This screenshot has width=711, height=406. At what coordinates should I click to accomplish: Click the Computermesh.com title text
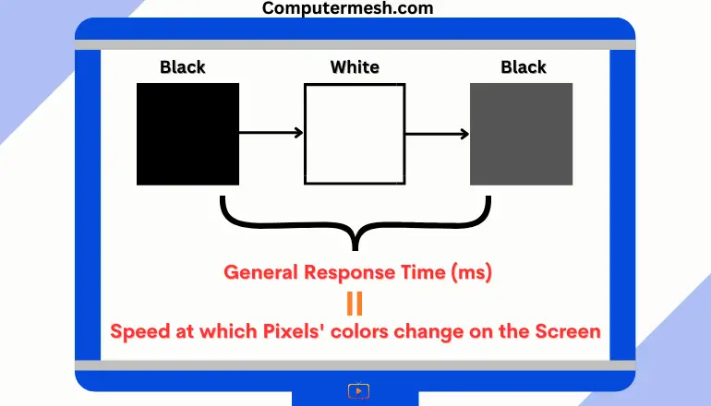(x=348, y=7)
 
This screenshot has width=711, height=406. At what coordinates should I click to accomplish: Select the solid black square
(x=187, y=134)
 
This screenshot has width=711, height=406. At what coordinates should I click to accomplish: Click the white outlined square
(x=355, y=134)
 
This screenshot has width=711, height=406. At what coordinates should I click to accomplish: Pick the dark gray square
(x=521, y=134)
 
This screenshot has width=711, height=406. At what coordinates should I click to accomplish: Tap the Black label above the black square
(x=183, y=67)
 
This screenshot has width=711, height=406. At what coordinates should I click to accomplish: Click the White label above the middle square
(x=355, y=67)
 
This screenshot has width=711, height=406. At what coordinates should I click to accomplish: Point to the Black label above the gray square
(x=524, y=67)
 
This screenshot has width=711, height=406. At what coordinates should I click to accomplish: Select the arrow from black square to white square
(x=271, y=133)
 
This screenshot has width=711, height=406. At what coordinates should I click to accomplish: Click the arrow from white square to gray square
(x=437, y=134)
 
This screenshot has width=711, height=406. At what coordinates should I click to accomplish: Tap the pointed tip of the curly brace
(x=355, y=250)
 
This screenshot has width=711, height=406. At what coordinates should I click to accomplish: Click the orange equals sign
(x=355, y=304)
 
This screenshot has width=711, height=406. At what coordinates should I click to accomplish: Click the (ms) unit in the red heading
(x=472, y=272)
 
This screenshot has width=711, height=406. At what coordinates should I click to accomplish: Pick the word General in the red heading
(x=261, y=272)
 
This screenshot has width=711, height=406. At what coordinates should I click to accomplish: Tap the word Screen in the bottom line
(x=568, y=331)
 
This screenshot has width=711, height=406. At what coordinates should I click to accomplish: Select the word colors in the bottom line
(x=359, y=331)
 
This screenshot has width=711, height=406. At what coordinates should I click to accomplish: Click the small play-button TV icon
(x=358, y=390)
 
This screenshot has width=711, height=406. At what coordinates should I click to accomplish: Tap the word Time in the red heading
(x=424, y=272)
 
